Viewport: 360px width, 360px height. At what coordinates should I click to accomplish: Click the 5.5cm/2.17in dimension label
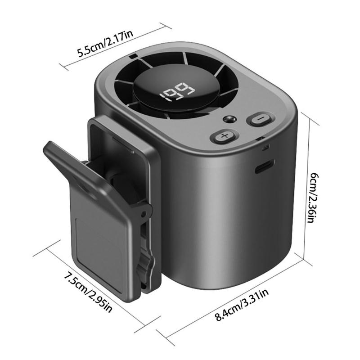coord(105,44)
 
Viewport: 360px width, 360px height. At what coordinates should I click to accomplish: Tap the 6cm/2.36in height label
coord(313,198)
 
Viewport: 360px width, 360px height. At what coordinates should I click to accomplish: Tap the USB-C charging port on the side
coord(265,166)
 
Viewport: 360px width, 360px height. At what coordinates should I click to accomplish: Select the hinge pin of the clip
coord(144,214)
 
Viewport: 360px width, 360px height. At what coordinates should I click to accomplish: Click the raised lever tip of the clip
coord(50,147)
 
